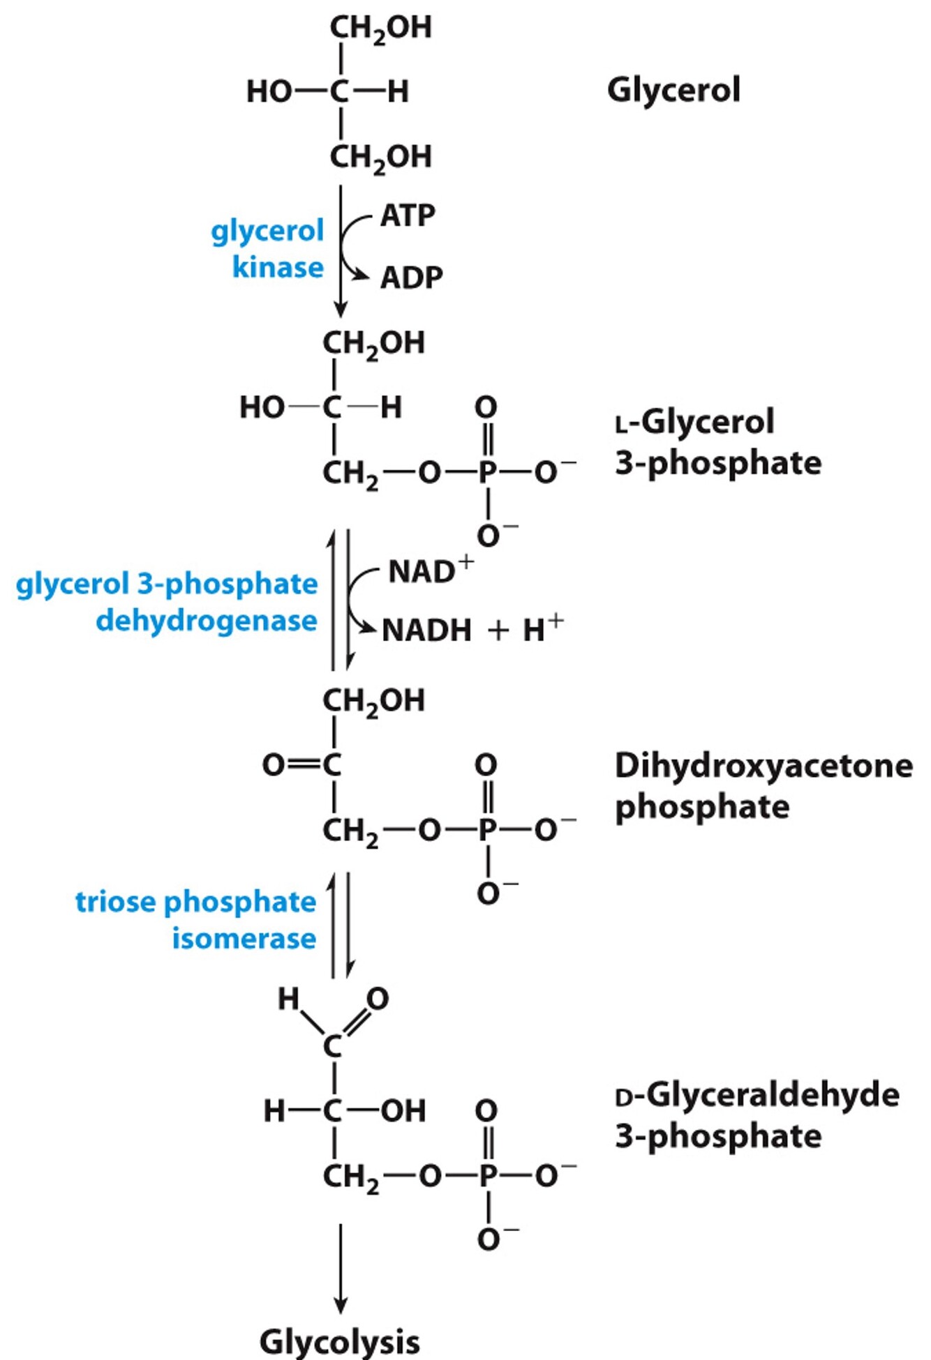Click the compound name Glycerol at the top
(x=673, y=91)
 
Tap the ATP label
(x=408, y=216)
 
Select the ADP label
(x=411, y=278)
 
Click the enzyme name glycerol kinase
(x=269, y=249)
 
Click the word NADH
(x=426, y=630)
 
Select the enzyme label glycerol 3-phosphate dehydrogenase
(x=167, y=602)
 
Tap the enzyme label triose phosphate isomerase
(x=196, y=920)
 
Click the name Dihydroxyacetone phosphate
(x=763, y=786)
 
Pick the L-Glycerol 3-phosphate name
(x=717, y=442)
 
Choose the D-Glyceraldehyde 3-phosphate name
(x=757, y=1115)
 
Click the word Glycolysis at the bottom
(x=340, y=1341)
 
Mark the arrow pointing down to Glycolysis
(x=341, y=1269)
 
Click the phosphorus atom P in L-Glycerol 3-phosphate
(x=487, y=473)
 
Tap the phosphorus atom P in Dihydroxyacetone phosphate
(x=487, y=830)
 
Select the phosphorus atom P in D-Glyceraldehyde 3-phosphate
(x=487, y=1176)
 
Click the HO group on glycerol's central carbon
(x=269, y=91)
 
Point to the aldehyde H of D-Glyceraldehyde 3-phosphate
(x=288, y=999)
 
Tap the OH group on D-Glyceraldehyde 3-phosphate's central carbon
(x=403, y=1111)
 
